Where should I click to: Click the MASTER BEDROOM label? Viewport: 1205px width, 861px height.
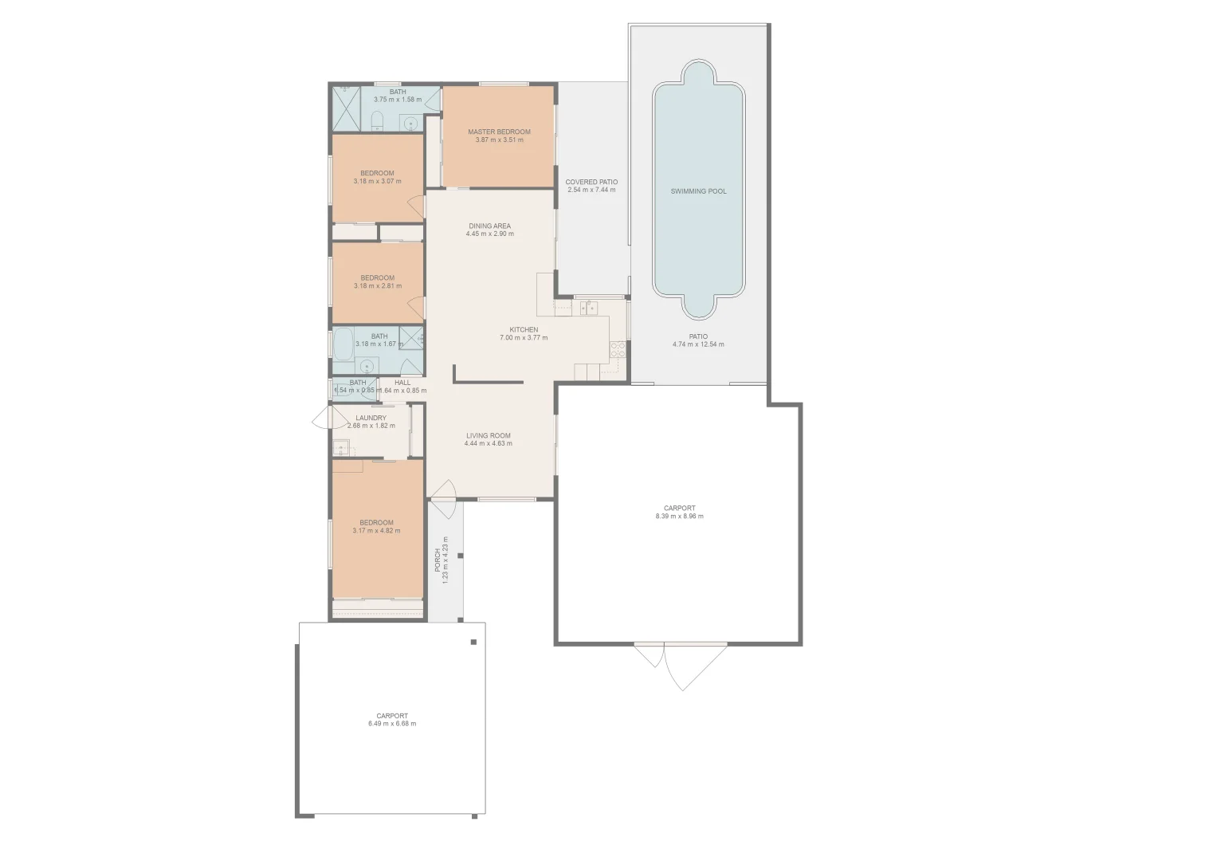pyautogui.click(x=499, y=132)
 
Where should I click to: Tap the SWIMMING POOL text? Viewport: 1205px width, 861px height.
pyautogui.click(x=698, y=191)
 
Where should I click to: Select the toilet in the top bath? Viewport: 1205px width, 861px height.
pyautogui.click(x=379, y=121)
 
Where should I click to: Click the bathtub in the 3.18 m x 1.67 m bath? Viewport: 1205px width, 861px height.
pyautogui.click(x=345, y=344)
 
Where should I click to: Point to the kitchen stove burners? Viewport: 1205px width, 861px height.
pyautogui.click(x=617, y=348)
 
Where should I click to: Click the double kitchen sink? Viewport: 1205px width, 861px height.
pyautogui.click(x=590, y=309)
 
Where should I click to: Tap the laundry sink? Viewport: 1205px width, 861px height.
pyautogui.click(x=341, y=447)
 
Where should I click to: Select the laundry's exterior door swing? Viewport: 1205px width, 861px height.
pyautogui.click(x=320, y=416)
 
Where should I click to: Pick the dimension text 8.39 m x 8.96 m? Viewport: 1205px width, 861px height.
pyautogui.click(x=679, y=517)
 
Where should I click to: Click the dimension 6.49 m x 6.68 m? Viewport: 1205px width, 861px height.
pyautogui.click(x=392, y=724)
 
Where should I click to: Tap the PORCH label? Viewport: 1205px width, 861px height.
pyautogui.click(x=438, y=560)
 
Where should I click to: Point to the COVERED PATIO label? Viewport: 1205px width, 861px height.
pyautogui.click(x=592, y=182)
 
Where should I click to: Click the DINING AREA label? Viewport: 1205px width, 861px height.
pyautogui.click(x=489, y=226)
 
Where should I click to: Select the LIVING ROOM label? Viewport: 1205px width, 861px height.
pyautogui.click(x=489, y=435)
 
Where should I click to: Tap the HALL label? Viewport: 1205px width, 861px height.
pyautogui.click(x=402, y=383)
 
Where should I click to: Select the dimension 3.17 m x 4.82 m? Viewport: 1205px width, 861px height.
pyautogui.click(x=376, y=531)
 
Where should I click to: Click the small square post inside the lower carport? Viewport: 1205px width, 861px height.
pyautogui.click(x=473, y=642)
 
